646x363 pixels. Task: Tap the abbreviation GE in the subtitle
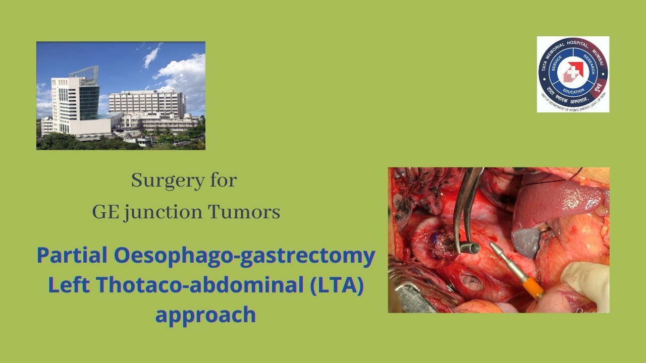point(103,212)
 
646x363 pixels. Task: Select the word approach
point(205,315)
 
